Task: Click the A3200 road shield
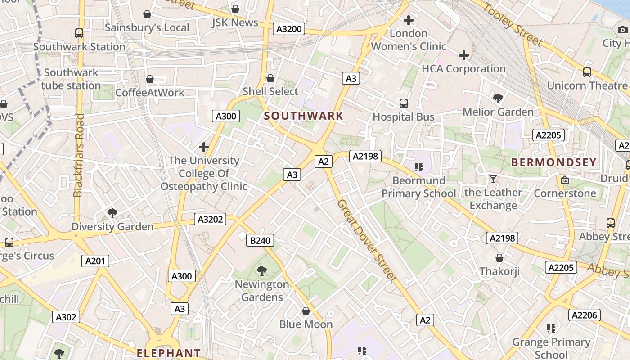coord(289,29)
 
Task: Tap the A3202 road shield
coord(210,219)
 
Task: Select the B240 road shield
coord(260,241)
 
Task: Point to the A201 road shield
coord(95,261)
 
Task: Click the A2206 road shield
coord(584,315)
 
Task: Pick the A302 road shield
coord(66,317)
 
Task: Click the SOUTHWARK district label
coord(304,116)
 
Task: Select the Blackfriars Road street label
coord(78,155)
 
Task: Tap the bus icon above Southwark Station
coord(79,33)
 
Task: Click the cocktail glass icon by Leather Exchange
coord(493,179)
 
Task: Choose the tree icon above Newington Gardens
coord(261,271)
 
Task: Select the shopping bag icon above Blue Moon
coord(306,311)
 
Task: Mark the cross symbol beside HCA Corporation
coord(464,55)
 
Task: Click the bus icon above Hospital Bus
coord(404,103)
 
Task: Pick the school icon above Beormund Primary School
coord(419,167)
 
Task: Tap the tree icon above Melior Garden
coord(498,98)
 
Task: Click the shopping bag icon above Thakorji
coord(499,258)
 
